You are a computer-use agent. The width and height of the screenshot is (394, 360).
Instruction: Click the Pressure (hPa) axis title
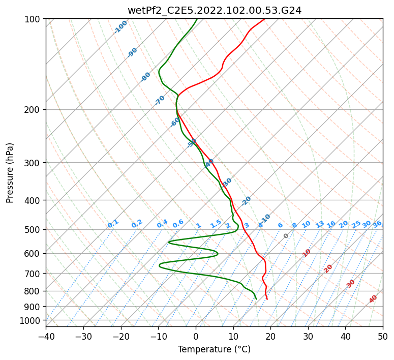[x=10, y=172]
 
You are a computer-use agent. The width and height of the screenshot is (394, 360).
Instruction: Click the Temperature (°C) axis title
[x=214, y=350]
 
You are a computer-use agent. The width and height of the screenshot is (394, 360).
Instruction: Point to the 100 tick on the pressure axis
[x=34, y=19]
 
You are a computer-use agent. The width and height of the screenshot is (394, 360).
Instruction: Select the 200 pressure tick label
[x=34, y=110]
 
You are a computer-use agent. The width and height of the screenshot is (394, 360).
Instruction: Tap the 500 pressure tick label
[x=34, y=230]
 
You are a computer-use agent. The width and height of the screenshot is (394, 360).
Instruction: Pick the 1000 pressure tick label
[x=32, y=320]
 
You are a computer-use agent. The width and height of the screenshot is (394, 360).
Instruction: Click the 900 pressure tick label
[x=34, y=307]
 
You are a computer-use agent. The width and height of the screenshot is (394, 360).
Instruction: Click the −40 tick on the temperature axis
[x=46, y=336]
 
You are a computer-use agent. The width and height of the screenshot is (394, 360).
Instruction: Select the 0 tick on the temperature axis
[x=196, y=336]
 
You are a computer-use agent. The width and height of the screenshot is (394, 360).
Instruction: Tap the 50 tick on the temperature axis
[x=383, y=336]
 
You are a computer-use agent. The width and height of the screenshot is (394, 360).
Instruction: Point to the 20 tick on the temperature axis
[x=270, y=336]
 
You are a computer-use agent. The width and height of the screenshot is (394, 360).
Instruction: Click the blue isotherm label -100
[x=121, y=27]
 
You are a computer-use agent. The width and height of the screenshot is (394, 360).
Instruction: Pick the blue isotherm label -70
[x=160, y=100]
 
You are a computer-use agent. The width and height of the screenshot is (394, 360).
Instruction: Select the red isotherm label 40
[x=373, y=299]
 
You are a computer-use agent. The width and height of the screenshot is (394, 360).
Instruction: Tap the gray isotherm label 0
[x=286, y=236]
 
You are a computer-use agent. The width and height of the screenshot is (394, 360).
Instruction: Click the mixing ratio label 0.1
[x=113, y=224]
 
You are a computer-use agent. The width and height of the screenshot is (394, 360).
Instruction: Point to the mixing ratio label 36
[x=377, y=224]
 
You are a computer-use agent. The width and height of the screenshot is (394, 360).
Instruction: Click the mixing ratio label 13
[x=320, y=224]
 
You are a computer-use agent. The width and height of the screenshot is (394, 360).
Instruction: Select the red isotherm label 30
[x=351, y=284]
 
